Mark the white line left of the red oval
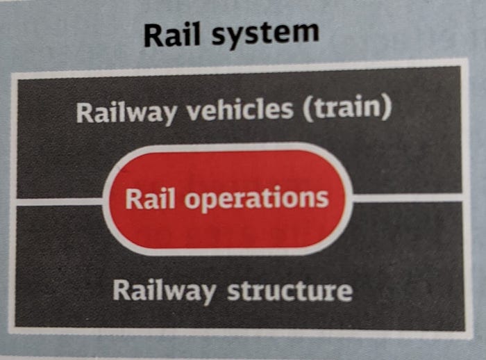[58, 202]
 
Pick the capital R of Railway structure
[121, 290]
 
